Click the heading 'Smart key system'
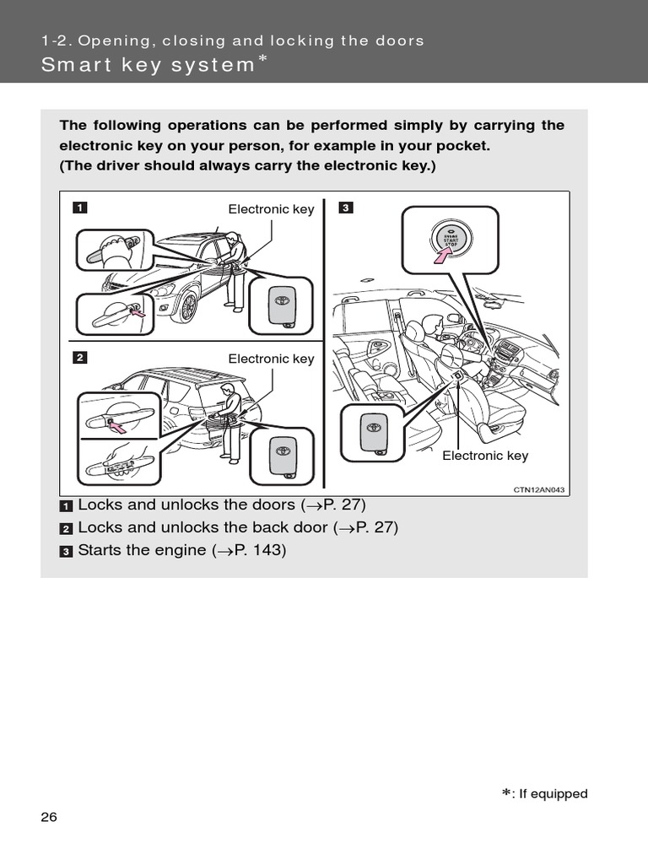point(148,65)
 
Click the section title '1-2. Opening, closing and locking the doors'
point(232,40)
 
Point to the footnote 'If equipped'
point(550,794)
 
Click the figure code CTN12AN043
point(538,489)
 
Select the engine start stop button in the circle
point(450,239)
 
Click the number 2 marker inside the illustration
point(78,357)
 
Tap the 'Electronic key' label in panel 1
point(271,209)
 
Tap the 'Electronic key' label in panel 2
point(271,359)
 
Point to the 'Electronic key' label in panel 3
point(485,456)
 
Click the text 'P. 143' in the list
point(259,551)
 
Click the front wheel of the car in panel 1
point(187,307)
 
